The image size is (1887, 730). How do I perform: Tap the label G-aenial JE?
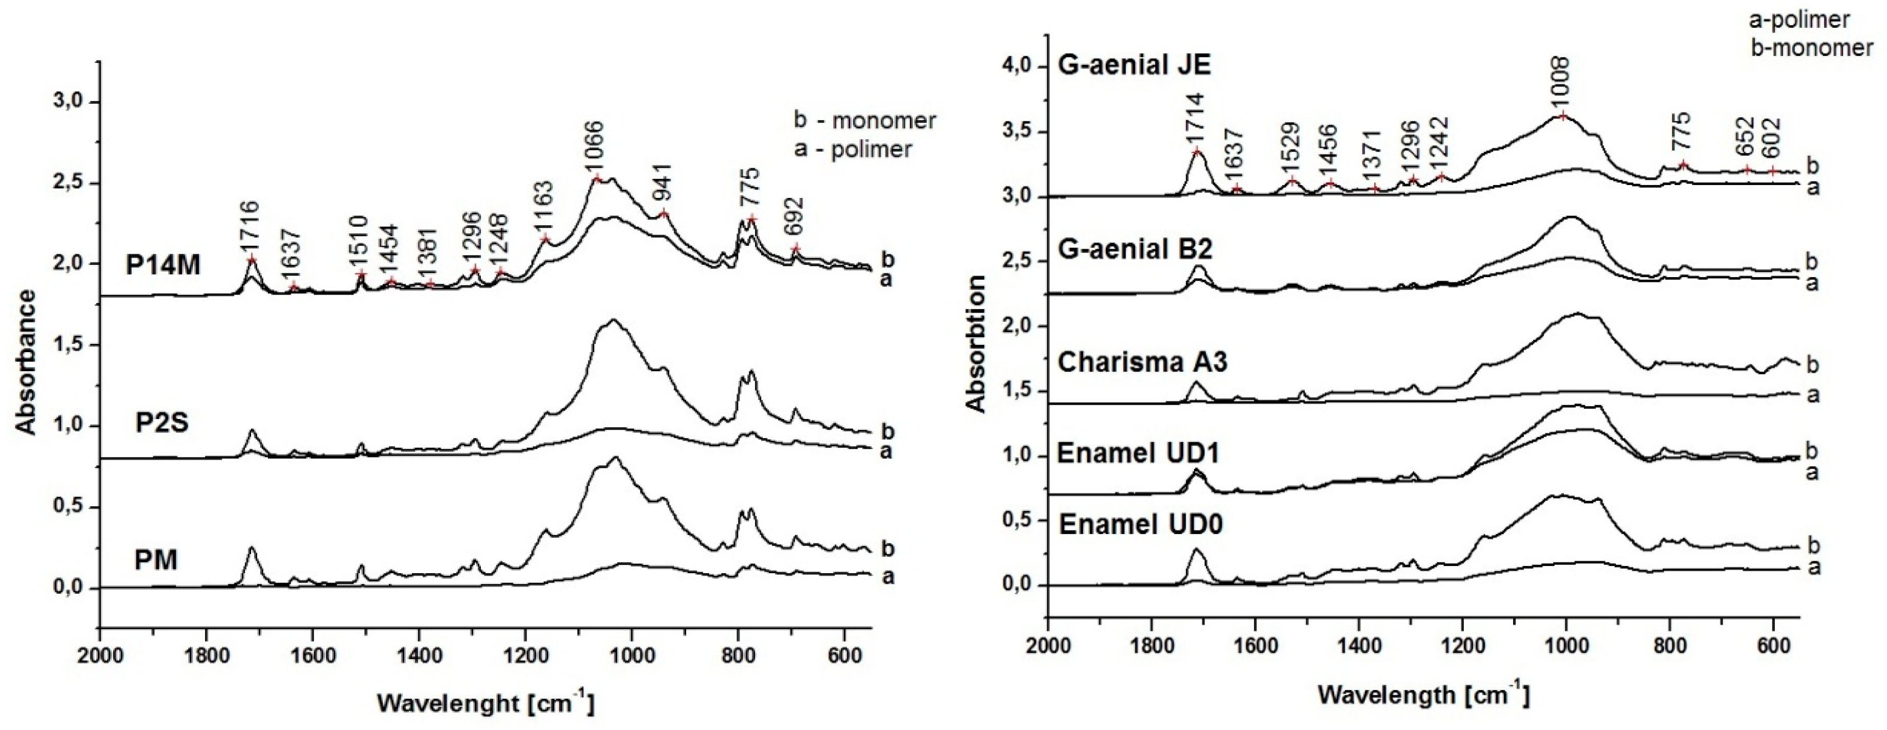1134,65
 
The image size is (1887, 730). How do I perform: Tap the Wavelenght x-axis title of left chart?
486,704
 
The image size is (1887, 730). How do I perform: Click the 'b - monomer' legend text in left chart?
865,120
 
